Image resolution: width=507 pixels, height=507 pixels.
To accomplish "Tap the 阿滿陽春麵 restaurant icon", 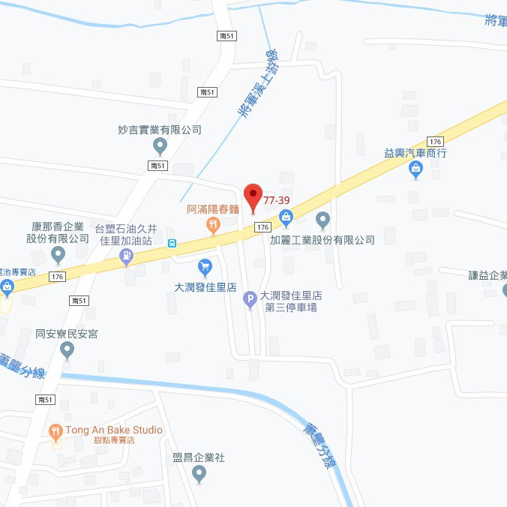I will pyautogui.click(x=214, y=223).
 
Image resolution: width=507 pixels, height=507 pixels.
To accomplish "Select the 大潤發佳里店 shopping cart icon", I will pyautogui.click(x=205, y=267).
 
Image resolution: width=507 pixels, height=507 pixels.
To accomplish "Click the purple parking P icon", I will pyautogui.click(x=251, y=301).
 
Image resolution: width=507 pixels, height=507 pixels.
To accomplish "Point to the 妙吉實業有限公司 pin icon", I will pyautogui.click(x=160, y=145).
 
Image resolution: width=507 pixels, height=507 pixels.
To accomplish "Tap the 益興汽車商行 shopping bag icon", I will pyautogui.click(x=415, y=170).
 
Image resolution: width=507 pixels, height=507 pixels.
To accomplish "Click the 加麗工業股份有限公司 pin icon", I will pyautogui.click(x=322, y=220).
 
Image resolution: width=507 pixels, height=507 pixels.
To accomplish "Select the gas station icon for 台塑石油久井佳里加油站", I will pyautogui.click(x=127, y=257).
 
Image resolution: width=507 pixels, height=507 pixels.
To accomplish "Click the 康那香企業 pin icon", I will pyautogui.click(x=58, y=256).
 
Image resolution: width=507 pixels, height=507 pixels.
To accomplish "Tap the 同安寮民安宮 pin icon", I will pyautogui.click(x=67, y=349).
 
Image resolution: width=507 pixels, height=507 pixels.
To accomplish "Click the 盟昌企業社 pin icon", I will pyautogui.click(x=199, y=473).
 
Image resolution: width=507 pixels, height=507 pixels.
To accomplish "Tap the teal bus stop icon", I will pyautogui.click(x=172, y=242).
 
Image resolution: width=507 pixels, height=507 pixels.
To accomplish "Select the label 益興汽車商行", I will pyautogui.click(x=415, y=152).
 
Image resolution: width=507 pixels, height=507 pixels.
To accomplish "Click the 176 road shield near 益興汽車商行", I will pyautogui.click(x=435, y=142).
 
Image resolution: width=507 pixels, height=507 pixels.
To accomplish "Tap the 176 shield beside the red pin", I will pyautogui.click(x=262, y=226).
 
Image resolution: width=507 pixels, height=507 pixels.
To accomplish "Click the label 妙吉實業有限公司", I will pyautogui.click(x=160, y=129).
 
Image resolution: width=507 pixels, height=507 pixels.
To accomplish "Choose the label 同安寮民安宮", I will pyautogui.click(x=67, y=333).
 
